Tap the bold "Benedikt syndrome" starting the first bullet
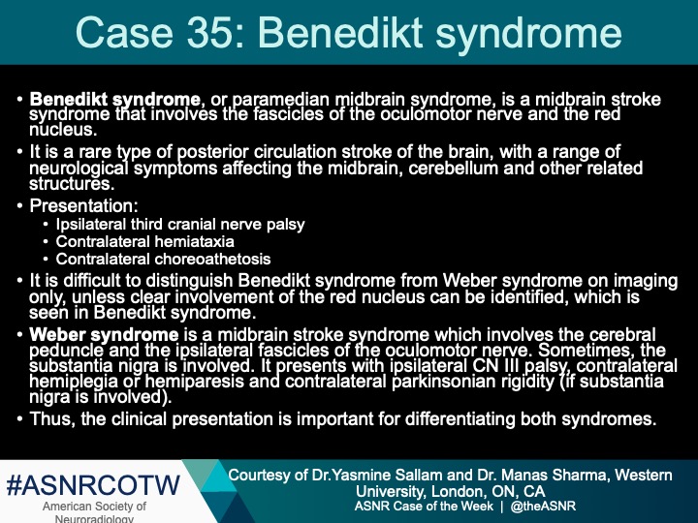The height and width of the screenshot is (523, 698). pyautogui.click(x=115, y=100)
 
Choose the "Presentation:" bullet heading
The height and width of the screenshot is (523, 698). pyautogui.click(x=84, y=206)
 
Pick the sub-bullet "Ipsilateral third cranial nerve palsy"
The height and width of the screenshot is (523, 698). pyautogui.click(x=180, y=225)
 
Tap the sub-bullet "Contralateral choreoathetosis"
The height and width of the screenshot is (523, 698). pyautogui.click(x=163, y=260)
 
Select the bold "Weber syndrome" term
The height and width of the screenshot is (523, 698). pyautogui.click(x=104, y=335)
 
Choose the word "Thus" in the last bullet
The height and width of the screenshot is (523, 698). pyautogui.click(x=50, y=419)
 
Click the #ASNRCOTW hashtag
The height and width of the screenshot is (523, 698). pyautogui.click(x=94, y=484)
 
